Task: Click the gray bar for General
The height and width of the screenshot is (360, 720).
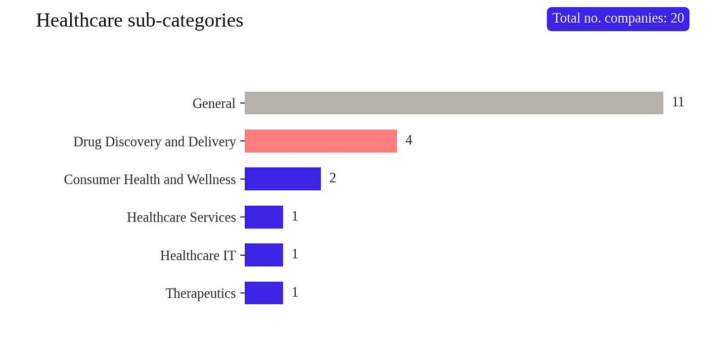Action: pos(454,103)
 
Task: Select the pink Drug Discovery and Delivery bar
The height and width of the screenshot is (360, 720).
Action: pos(321,141)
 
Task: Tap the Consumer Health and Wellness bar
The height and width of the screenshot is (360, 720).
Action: pos(283,179)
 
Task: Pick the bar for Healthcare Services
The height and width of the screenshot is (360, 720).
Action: pos(264,217)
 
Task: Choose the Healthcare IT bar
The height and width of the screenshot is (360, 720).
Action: pos(264,255)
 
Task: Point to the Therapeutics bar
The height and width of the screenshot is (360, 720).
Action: pos(264,293)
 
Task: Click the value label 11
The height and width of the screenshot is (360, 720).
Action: pos(678,102)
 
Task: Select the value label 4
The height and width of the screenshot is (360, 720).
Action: pos(409,140)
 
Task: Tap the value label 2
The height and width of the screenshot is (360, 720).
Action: pos(333,178)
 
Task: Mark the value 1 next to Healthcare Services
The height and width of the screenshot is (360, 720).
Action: pos(295,216)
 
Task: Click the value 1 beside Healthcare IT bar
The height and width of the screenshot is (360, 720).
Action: pos(295,254)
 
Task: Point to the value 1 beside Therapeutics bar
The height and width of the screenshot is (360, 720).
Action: pos(295,293)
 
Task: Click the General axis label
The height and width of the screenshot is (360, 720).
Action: pos(214,104)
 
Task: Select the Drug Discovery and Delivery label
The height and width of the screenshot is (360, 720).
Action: pos(155,142)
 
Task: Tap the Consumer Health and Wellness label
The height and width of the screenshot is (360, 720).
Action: pos(150,180)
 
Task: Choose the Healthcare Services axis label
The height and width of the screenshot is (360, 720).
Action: pos(181,218)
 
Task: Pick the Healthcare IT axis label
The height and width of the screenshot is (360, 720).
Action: pos(198,256)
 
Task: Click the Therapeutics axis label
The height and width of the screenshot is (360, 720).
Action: pos(201,294)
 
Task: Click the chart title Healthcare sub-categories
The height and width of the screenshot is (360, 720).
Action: pos(139,21)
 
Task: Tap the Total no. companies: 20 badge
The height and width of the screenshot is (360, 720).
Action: pos(618,19)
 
